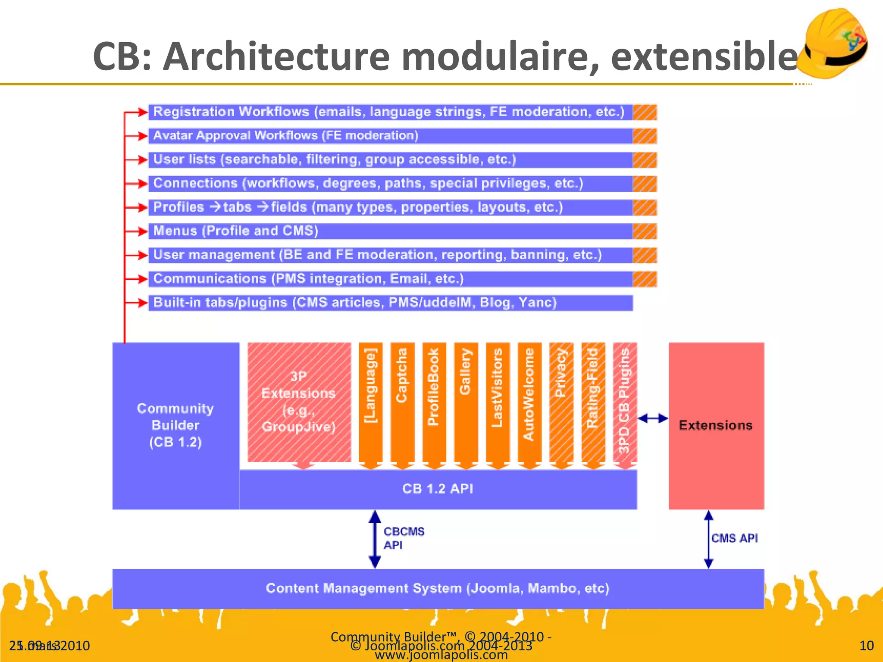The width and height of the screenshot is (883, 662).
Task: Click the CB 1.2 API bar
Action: [x=438, y=489]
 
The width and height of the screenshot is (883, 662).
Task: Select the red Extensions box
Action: [x=716, y=426]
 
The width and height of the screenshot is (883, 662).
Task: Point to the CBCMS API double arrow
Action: [x=375, y=539]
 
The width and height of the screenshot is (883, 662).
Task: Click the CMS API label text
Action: [x=735, y=538]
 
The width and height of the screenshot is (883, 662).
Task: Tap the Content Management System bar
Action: [x=438, y=589]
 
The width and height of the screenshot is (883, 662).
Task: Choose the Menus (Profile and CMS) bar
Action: [x=390, y=231]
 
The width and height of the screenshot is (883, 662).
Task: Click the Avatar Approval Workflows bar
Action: [x=390, y=136]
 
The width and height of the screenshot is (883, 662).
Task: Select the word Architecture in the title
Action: [x=276, y=57]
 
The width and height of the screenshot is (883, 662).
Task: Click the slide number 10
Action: [x=866, y=646]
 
